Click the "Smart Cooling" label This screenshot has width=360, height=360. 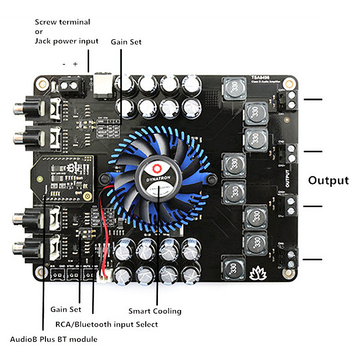(155, 311)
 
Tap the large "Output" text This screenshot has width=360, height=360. (328, 180)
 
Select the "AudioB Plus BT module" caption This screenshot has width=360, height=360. (54, 339)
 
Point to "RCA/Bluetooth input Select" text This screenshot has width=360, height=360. (107, 324)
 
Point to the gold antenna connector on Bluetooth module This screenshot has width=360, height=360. (88, 197)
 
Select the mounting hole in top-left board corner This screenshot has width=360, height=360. (43, 83)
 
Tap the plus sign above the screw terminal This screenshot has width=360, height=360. (75, 64)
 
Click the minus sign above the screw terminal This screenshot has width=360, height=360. (64, 64)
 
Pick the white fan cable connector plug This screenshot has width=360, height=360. (105, 274)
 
